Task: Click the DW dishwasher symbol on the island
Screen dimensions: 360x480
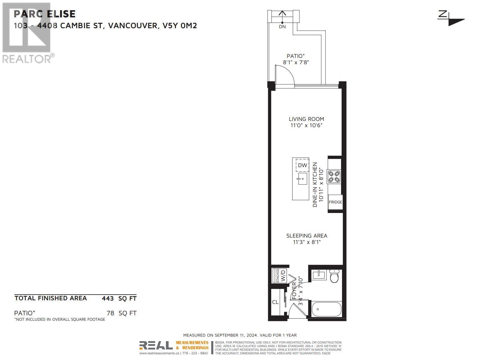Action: click(302, 165)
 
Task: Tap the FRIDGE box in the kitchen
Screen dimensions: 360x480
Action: click(335, 202)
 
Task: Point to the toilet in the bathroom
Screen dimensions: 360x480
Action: click(334, 276)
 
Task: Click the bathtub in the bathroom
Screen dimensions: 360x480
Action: click(326, 309)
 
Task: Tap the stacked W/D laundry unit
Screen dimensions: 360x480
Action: click(280, 276)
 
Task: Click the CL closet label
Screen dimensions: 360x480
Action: click(275, 302)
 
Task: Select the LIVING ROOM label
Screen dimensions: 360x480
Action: click(306, 119)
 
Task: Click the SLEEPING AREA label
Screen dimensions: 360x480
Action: click(307, 236)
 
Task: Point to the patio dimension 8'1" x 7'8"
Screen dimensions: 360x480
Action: click(296, 63)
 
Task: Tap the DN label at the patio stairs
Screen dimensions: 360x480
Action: click(282, 27)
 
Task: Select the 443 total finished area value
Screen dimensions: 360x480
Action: click(108, 298)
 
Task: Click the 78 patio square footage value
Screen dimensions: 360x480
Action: click(110, 313)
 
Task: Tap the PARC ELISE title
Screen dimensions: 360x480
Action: click(45, 14)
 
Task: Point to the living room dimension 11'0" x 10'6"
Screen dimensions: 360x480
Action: click(306, 126)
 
